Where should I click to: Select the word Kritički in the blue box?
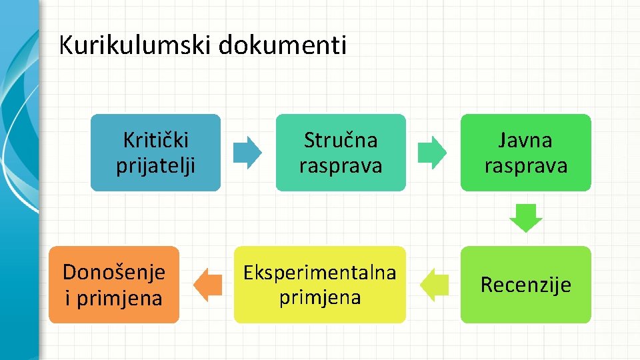[x=156, y=140]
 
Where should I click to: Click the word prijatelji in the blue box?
[x=156, y=165]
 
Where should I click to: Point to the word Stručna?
[x=340, y=140]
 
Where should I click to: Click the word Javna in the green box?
[x=525, y=140]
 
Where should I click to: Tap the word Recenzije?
[x=525, y=285]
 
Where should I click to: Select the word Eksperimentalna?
[x=320, y=272]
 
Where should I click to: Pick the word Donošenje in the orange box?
[x=113, y=272]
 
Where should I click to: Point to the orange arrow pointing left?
[x=207, y=285]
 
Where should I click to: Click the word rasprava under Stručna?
[x=340, y=165]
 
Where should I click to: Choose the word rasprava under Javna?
[x=525, y=165]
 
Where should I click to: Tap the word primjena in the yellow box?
[x=320, y=297]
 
